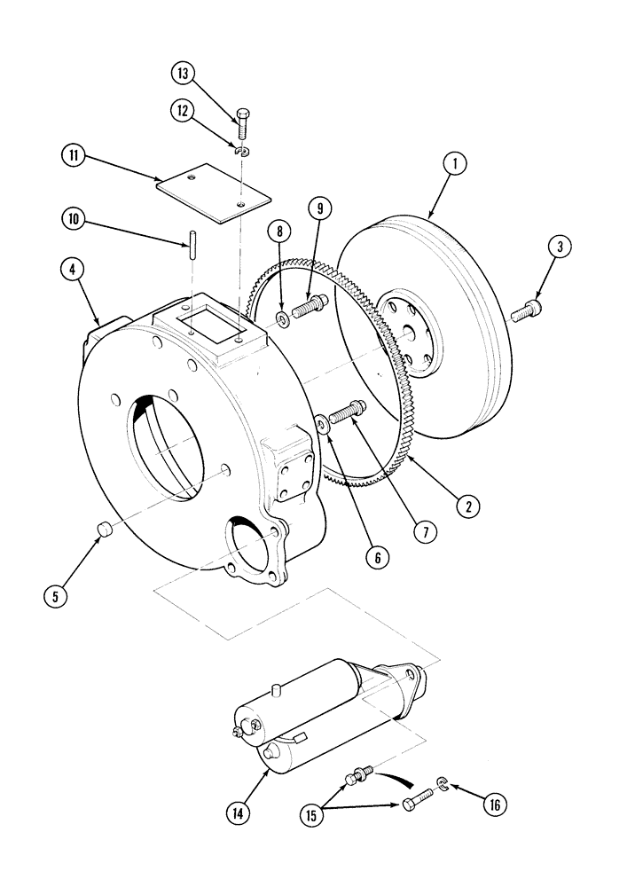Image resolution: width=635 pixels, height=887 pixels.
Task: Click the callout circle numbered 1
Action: (x=455, y=163)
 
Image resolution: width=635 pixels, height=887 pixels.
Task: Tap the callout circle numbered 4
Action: (x=74, y=268)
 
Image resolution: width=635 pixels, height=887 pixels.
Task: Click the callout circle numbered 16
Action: (x=495, y=805)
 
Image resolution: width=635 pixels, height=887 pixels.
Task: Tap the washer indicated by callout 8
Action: (x=281, y=318)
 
